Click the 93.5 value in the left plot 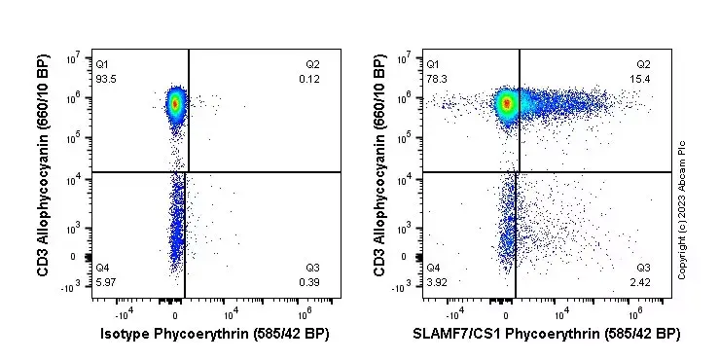click(105, 78)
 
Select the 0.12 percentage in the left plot click(312, 78)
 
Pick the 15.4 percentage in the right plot click(642, 78)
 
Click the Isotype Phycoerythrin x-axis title click(215, 334)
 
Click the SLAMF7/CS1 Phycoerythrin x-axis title click(546, 334)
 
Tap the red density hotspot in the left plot click(175, 102)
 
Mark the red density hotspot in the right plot click(506, 102)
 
